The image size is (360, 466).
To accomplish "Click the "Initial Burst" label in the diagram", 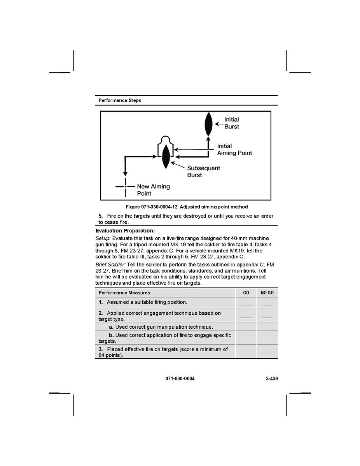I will (x=231, y=123).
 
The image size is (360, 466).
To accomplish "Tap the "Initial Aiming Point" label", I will (x=234, y=149).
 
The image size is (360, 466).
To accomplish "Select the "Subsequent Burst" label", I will (x=203, y=172).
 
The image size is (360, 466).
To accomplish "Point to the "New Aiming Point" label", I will (x=153, y=190).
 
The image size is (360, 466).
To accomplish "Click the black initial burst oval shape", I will (x=208, y=123).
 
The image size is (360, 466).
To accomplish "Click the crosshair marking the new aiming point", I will (x=126, y=187).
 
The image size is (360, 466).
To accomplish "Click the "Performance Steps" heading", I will (x=120, y=100).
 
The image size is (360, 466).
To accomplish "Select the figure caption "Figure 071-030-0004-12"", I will (x=186, y=207).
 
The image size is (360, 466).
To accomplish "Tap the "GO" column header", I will (x=246, y=293).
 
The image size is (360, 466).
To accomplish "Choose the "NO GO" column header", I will (x=267, y=293).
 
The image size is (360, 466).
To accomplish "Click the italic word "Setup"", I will (x=103, y=238).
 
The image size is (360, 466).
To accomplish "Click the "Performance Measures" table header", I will (x=124, y=293).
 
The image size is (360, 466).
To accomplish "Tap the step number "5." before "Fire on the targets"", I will (x=100, y=216).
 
